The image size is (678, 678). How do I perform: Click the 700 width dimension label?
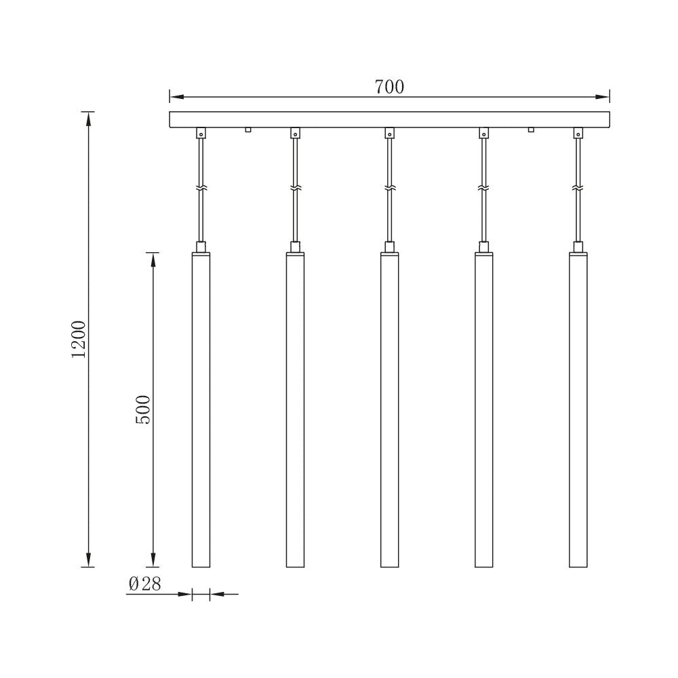(x=389, y=87)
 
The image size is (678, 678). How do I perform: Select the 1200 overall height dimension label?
(x=79, y=339)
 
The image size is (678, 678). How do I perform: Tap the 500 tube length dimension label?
(x=143, y=409)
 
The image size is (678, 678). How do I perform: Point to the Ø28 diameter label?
(x=144, y=584)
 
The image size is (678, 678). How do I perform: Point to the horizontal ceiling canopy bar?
(x=389, y=119)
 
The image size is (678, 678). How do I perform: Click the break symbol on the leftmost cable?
(x=201, y=186)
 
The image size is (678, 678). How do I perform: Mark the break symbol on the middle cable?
(x=389, y=186)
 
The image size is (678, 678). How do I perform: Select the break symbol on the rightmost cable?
(x=578, y=186)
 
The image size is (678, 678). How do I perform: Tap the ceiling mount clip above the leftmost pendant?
(x=201, y=133)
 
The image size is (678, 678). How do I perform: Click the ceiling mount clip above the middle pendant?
(x=389, y=133)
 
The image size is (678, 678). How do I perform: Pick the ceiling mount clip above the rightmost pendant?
(x=578, y=133)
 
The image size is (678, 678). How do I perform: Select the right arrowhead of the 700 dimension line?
(x=604, y=96)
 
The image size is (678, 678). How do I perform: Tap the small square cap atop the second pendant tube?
(x=295, y=247)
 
